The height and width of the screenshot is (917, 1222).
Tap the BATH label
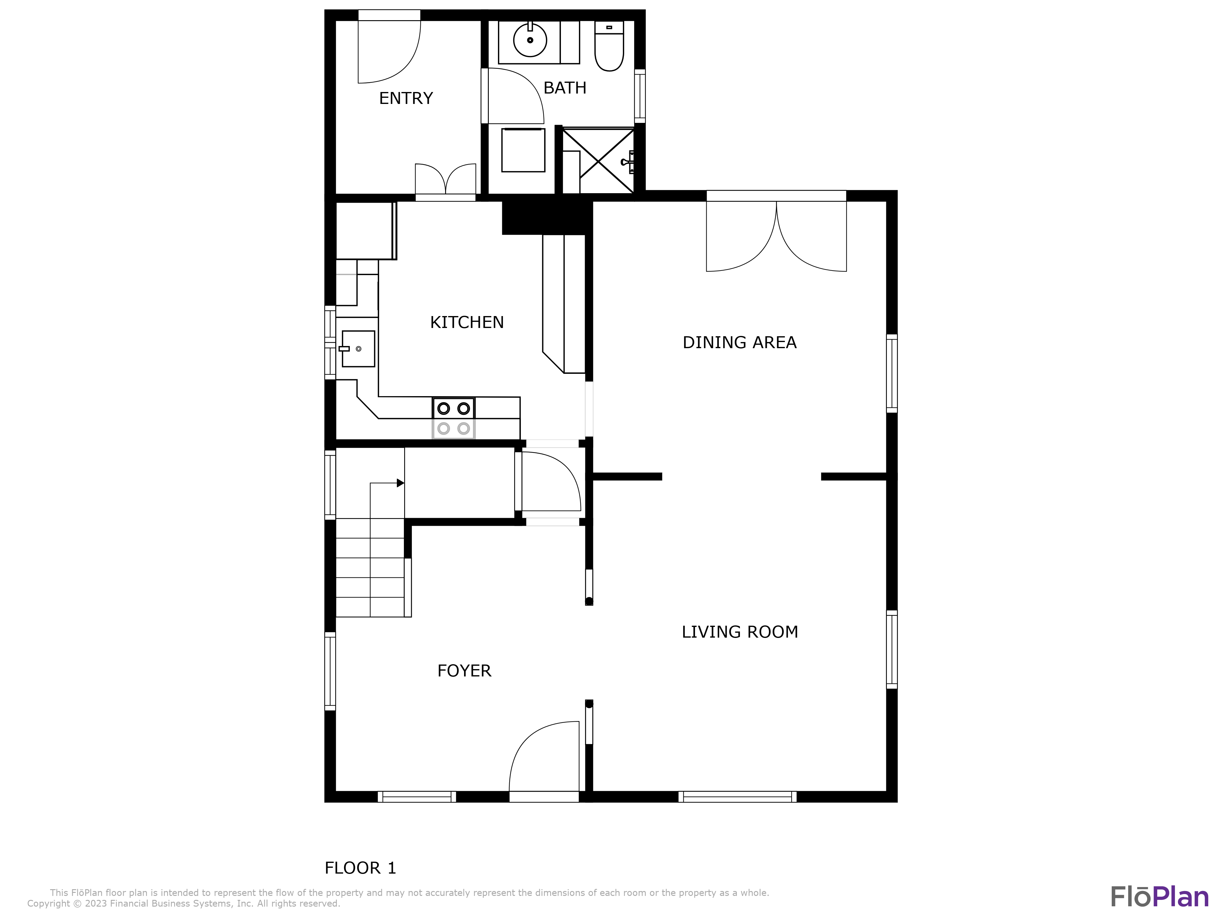[565, 88]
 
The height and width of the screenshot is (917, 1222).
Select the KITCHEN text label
[467, 322]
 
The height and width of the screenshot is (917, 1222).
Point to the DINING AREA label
[739, 343]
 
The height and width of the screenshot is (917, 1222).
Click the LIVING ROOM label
[739, 632]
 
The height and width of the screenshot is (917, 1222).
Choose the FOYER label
[464, 670]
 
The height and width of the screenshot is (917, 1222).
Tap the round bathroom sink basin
[530, 40]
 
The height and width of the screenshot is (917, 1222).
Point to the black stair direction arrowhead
[401, 483]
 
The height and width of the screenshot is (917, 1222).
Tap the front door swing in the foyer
[544, 757]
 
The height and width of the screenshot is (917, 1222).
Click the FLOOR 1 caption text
[360, 868]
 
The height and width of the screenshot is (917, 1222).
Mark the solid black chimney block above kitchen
[546, 217]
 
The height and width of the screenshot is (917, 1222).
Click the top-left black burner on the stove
[444, 408]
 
